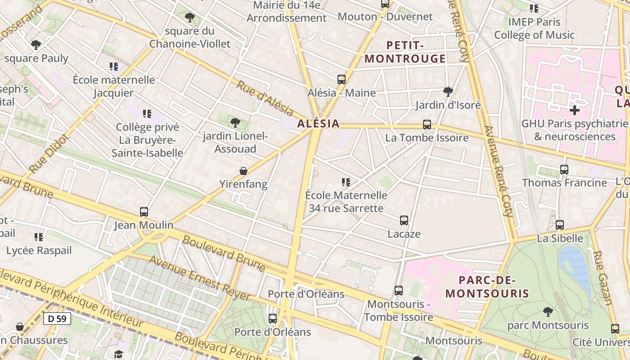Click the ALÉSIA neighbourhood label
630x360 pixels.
tap(318, 124)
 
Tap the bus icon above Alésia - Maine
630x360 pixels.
tap(342, 80)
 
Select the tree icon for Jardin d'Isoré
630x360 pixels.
tap(448, 92)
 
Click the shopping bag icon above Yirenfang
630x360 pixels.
tap(243, 171)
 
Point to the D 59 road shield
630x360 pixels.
tap(57, 319)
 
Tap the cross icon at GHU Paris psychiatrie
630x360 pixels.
tap(574, 110)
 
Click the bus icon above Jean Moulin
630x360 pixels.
tap(144, 211)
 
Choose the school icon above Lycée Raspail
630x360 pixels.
tap(39, 237)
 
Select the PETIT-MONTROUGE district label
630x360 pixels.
tap(405, 52)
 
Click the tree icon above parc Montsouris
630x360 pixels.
tap(548, 311)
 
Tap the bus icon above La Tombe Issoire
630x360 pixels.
tap(427, 125)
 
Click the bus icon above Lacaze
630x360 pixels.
tap(404, 220)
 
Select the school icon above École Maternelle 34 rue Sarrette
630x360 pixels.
tap(346, 182)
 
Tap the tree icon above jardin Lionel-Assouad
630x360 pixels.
tap(235, 122)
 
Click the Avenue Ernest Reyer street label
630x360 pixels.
tap(200, 278)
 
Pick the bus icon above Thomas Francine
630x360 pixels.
tap(564, 170)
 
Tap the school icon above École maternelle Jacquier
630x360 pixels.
tap(114, 67)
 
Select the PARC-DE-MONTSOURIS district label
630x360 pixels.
tap(487, 287)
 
